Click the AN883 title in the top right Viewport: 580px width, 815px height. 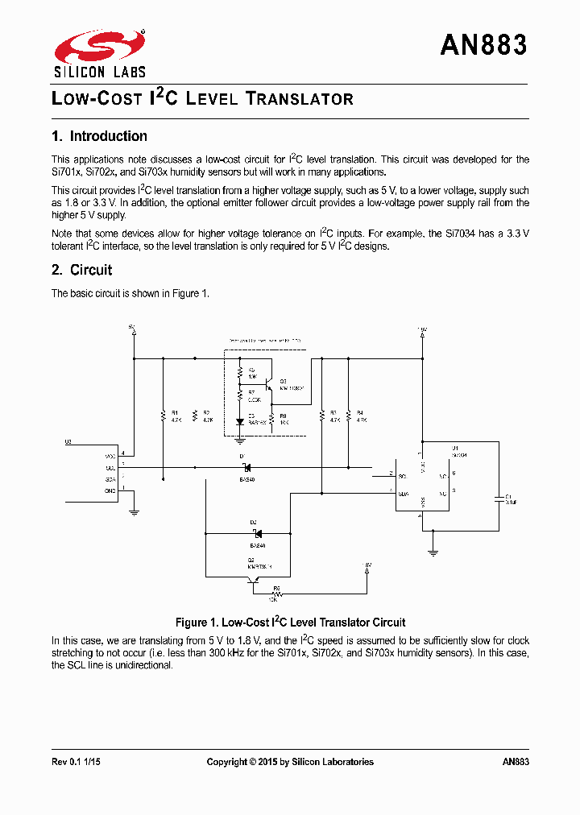pos(483,45)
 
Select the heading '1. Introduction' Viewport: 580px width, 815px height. pos(99,136)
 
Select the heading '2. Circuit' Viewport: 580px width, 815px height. pos(81,270)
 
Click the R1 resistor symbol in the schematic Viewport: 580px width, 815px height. pos(163,416)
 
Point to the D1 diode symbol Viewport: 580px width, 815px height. pos(246,467)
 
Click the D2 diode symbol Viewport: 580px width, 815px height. pos(255,532)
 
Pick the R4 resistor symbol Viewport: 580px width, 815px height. pos(348,416)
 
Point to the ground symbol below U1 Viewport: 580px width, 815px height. pos(433,553)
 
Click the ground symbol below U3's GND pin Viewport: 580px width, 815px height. pos(134,511)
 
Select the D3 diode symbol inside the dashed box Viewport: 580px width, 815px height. pos(240,421)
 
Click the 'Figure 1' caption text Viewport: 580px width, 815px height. pos(290,623)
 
